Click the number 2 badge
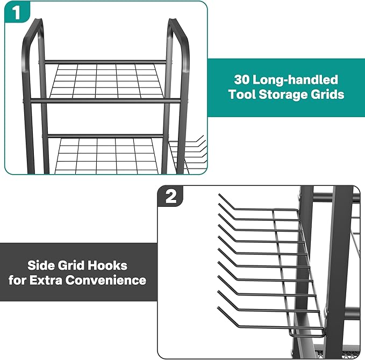[x=170, y=197]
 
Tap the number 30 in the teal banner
[x=242, y=80]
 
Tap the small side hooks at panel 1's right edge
[x=191, y=150]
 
